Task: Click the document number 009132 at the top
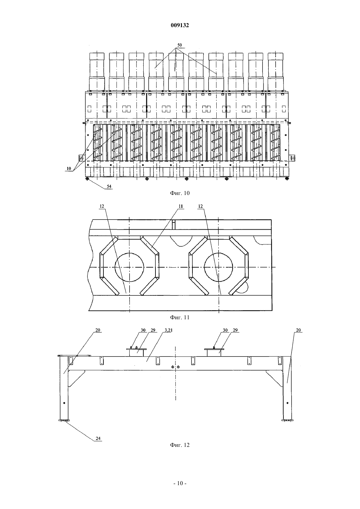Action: (180, 25)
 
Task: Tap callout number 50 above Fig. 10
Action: (180, 45)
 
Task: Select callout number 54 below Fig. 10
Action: (109, 186)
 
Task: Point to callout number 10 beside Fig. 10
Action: (69, 168)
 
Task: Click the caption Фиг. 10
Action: (180, 193)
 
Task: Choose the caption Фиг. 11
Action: (180, 317)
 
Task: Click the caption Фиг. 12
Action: (180, 445)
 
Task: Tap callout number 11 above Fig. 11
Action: (181, 206)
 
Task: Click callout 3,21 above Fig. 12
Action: (169, 330)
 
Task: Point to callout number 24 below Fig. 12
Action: (98, 438)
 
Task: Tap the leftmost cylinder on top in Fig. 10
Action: (97, 72)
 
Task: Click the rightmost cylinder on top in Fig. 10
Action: (276, 72)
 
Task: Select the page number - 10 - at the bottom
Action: (180, 483)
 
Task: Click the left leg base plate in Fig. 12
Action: (64, 420)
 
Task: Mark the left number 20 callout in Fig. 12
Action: (98, 330)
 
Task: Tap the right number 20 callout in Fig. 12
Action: (298, 330)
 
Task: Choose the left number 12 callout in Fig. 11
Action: (101, 206)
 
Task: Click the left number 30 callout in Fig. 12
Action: (143, 330)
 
